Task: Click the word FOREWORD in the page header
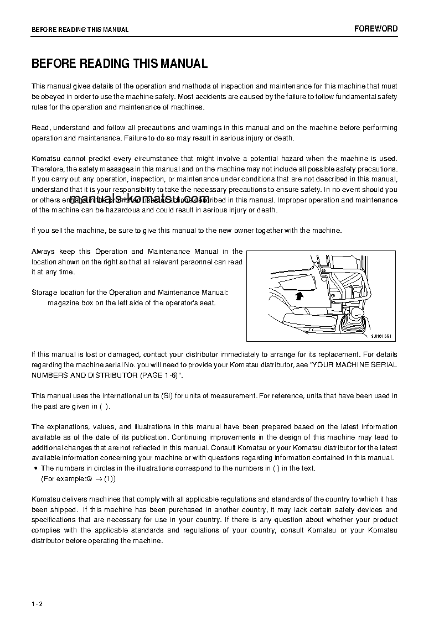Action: click(375, 29)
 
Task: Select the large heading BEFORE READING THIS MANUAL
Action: click(120, 64)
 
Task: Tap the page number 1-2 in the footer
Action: click(37, 603)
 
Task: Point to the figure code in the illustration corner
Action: click(383, 336)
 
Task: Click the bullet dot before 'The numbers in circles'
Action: click(35, 468)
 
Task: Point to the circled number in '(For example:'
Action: click(88, 479)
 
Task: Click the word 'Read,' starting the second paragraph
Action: click(41, 128)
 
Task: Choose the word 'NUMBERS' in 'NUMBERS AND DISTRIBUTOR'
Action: click(49, 375)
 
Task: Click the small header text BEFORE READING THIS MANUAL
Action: click(80, 30)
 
